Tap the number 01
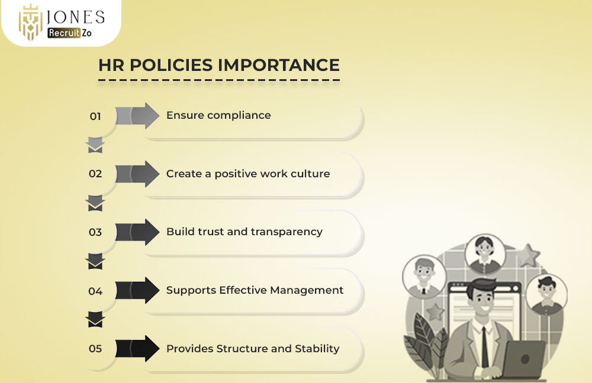pyautogui.click(x=95, y=116)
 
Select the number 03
pyautogui.click(x=95, y=232)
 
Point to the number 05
pyautogui.click(x=95, y=349)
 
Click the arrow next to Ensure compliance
pyautogui.click(x=137, y=116)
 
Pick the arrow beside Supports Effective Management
pyautogui.click(x=137, y=290)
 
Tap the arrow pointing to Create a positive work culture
pyautogui.click(x=137, y=174)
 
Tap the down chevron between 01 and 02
pyautogui.click(x=95, y=145)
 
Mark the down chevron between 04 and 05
pyautogui.click(x=95, y=320)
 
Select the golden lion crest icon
pyautogui.click(x=30, y=23)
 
